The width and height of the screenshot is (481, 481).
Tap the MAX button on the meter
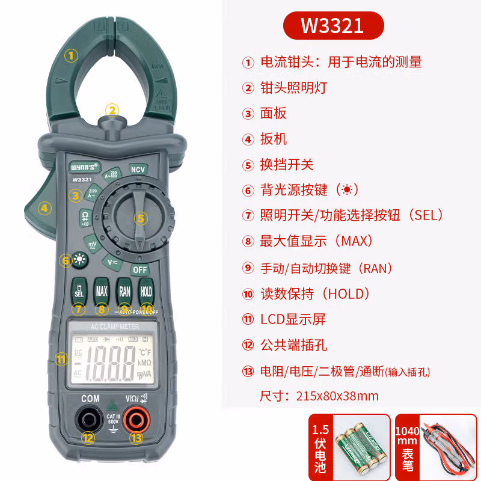(102, 292)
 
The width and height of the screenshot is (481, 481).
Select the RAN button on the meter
(124, 292)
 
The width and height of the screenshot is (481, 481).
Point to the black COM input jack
(89, 420)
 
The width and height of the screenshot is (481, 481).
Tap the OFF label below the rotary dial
(139, 270)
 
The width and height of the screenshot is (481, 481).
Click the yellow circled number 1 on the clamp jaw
(72, 56)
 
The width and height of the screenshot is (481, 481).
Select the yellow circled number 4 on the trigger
(44, 209)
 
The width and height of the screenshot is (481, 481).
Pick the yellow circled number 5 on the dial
(140, 218)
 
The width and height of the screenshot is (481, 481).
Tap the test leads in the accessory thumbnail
(448, 447)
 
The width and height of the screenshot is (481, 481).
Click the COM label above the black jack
(90, 399)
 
